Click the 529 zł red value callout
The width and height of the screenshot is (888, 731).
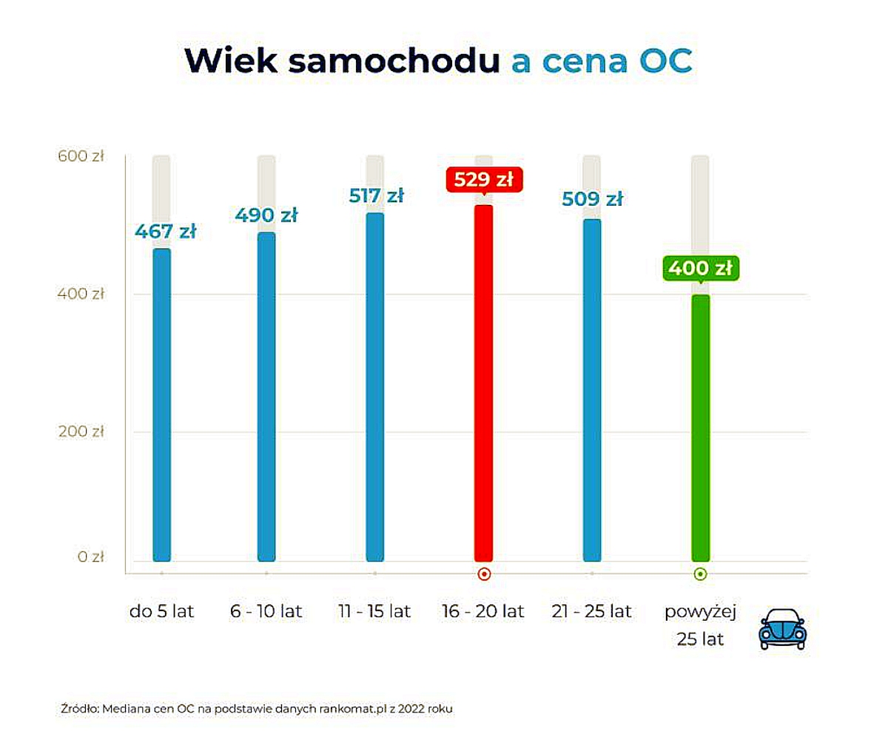(484, 181)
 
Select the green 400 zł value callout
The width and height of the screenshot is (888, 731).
(700, 269)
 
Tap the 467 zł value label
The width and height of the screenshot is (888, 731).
(165, 232)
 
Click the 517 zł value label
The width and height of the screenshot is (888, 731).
(376, 196)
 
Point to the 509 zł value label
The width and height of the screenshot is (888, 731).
(592, 199)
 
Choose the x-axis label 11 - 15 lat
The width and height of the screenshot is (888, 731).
(374, 612)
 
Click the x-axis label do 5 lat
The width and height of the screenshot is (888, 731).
(161, 612)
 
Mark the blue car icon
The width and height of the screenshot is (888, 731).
(781, 630)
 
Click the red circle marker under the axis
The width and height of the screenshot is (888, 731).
(483, 573)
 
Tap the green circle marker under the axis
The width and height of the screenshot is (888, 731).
(700, 573)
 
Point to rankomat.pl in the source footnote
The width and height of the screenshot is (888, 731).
(351, 709)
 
